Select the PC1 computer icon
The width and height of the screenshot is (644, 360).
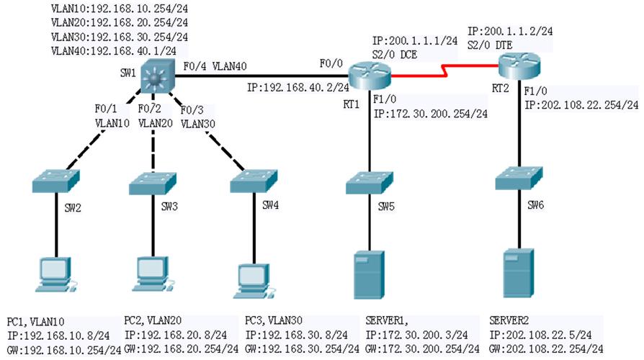[55, 276]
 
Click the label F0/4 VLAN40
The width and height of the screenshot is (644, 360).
[215, 66]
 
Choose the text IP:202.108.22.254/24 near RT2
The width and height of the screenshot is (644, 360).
[581, 104]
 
